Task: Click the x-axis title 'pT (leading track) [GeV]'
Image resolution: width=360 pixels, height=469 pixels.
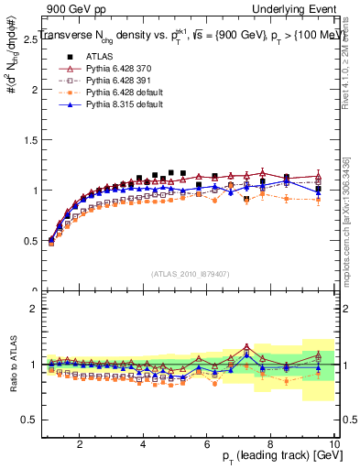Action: [x=274, y=454]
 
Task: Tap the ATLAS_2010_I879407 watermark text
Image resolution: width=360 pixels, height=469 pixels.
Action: [x=191, y=273]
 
